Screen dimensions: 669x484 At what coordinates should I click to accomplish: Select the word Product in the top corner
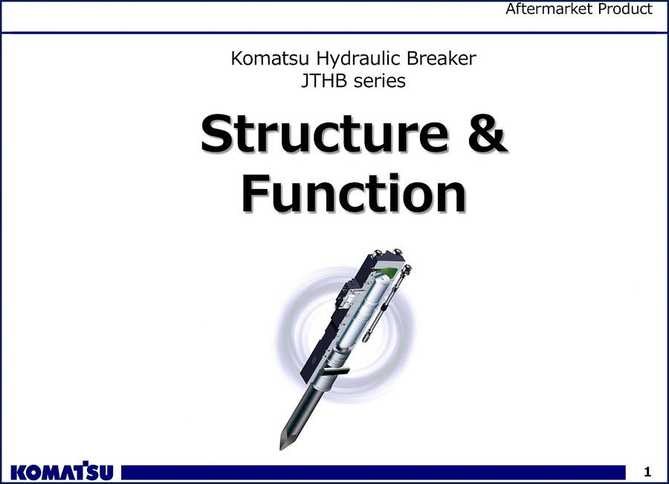click(x=625, y=8)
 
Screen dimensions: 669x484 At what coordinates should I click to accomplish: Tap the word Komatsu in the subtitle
click(x=270, y=59)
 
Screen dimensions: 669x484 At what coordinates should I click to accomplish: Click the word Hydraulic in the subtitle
click(x=358, y=59)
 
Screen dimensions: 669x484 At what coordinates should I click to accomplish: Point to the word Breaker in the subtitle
click(x=441, y=59)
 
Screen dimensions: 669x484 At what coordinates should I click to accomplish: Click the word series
click(x=380, y=81)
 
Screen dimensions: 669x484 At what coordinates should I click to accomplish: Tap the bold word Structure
click(x=325, y=133)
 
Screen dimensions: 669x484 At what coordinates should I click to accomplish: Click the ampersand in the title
click(x=486, y=133)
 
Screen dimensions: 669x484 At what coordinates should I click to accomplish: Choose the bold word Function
click(x=354, y=193)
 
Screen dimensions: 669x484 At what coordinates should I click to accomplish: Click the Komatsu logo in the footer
click(x=62, y=471)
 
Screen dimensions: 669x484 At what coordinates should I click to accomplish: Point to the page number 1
click(x=647, y=471)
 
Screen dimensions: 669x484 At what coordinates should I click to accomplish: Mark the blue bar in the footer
click(x=373, y=473)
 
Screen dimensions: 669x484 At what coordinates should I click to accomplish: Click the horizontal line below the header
click(x=334, y=33)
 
